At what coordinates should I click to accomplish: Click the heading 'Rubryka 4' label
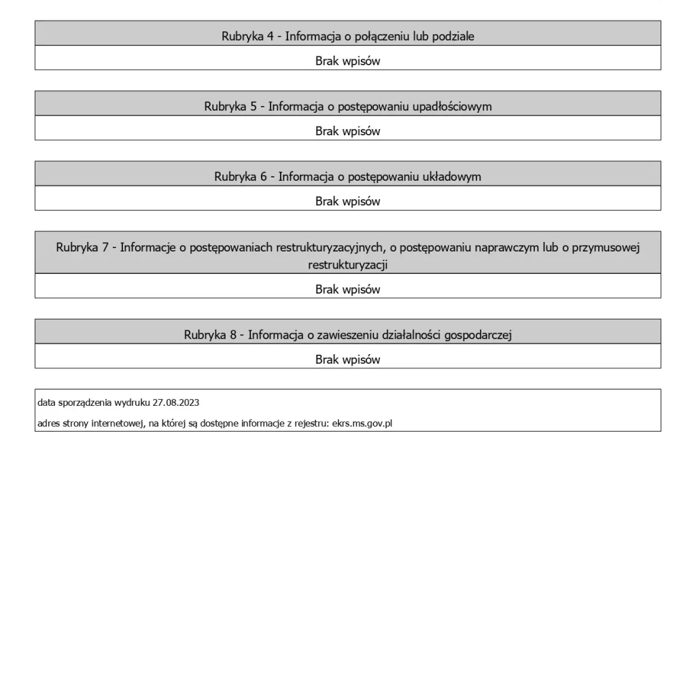coord(247,37)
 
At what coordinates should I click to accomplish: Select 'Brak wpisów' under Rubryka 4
coord(347,61)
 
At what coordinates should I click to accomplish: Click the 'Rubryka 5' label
coord(230,107)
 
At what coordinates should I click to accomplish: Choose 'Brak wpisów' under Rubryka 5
coord(347,131)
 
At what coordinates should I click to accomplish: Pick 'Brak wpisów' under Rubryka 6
coord(347,201)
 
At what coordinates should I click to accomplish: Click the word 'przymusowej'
coord(607,247)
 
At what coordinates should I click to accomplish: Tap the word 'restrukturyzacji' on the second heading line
coord(347,265)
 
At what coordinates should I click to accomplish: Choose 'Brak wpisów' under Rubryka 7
coord(347,290)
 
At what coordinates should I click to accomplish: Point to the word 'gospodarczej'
coord(478,335)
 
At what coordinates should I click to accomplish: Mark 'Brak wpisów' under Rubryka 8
coord(347,360)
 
